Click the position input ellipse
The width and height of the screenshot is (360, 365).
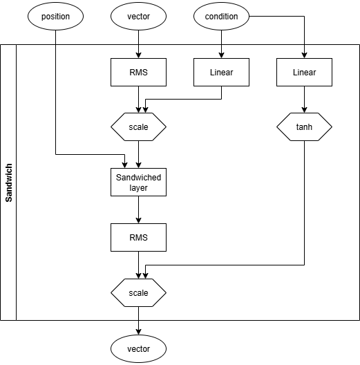(x=55, y=17)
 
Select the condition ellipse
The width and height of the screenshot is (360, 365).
(x=221, y=17)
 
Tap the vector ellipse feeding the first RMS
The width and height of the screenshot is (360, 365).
(x=138, y=17)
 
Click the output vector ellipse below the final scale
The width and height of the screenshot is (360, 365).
(x=138, y=347)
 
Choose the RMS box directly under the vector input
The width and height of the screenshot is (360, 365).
(x=138, y=72)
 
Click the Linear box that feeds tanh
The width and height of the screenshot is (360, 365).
(x=304, y=72)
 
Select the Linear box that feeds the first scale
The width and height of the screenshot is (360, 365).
(x=221, y=72)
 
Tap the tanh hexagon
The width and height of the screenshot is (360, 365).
(x=304, y=127)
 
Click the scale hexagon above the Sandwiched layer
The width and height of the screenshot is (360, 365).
(x=138, y=127)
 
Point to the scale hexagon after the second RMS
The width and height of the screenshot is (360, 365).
(x=138, y=292)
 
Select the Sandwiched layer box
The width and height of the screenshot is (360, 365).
(x=138, y=182)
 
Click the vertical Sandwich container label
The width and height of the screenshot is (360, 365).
(x=8, y=182)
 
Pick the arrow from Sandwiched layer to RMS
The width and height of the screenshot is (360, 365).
(x=138, y=209)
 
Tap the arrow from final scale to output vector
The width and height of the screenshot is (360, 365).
(x=138, y=320)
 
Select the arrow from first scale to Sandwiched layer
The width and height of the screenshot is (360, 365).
(x=138, y=155)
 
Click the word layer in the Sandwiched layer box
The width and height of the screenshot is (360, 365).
(x=138, y=187)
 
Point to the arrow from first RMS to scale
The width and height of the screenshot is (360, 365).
(x=138, y=100)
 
